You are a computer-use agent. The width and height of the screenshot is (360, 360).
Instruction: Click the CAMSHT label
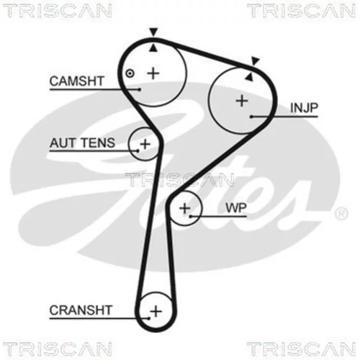tap(76, 81)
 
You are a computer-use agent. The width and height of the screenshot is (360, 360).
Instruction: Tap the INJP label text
tap(304, 108)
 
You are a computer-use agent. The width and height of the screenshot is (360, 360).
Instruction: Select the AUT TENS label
tap(82, 143)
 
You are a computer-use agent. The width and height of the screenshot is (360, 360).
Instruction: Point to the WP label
tap(236, 208)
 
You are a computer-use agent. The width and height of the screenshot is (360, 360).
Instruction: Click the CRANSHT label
tap(81, 310)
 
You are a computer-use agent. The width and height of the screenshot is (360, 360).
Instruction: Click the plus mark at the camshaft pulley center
tap(153, 73)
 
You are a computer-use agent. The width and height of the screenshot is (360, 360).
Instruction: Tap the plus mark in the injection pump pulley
tap(242, 101)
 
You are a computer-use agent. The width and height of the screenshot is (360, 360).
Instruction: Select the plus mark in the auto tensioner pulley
tap(145, 144)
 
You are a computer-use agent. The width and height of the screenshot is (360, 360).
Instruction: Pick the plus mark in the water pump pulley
tap(185, 208)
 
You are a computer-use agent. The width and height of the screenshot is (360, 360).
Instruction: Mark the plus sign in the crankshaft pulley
tap(156, 311)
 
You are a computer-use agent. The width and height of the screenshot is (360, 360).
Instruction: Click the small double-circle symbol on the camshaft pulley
tap(130, 73)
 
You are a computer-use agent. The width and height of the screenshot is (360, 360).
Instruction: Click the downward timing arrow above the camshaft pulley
tap(153, 32)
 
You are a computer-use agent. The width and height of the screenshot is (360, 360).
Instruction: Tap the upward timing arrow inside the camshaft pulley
tap(153, 48)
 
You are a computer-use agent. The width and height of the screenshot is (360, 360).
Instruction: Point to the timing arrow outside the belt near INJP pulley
tap(256, 61)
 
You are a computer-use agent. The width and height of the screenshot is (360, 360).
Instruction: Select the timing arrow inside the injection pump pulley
tap(249, 76)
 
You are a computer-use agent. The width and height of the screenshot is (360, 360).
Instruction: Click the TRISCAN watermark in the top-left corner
tap(58, 11)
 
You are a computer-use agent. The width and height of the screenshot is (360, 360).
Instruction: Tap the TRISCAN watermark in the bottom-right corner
tap(301, 348)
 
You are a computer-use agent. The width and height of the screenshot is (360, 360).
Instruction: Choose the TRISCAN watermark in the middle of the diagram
tap(179, 180)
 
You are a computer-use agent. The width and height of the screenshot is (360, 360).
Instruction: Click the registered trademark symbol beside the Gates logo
tap(341, 214)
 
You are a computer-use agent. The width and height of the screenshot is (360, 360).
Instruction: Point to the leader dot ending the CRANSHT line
tap(149, 318)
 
